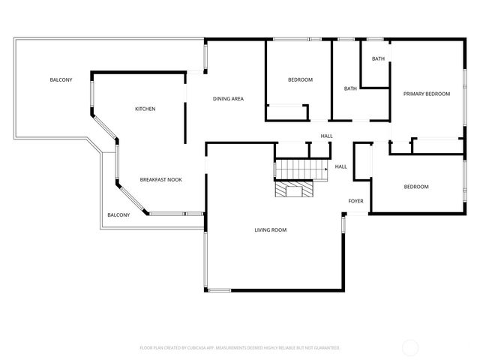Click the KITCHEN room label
pyautogui.click(x=145, y=109)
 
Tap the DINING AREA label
pyautogui.click(x=228, y=99)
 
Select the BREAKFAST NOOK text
pyautogui.click(x=160, y=180)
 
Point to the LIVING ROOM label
pyautogui.click(x=270, y=230)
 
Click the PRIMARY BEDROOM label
pyautogui.click(x=426, y=94)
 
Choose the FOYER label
pyautogui.click(x=355, y=201)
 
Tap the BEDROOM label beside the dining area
pyautogui.click(x=300, y=79)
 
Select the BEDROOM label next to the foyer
pyautogui.click(x=416, y=187)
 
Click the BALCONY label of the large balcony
pyautogui.click(x=61, y=80)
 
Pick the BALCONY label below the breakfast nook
pyautogui.click(x=118, y=215)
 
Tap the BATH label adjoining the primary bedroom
pyautogui.click(x=378, y=58)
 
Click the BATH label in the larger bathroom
pyautogui.click(x=350, y=88)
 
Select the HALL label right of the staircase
pyautogui.click(x=340, y=166)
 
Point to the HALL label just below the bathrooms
pyautogui.click(x=326, y=136)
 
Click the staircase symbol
pyautogui.click(x=300, y=170)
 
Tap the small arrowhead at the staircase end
pyautogui.click(x=326, y=170)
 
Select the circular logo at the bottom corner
pyautogui.click(x=410, y=347)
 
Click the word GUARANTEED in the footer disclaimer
pyautogui.click(x=324, y=348)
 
